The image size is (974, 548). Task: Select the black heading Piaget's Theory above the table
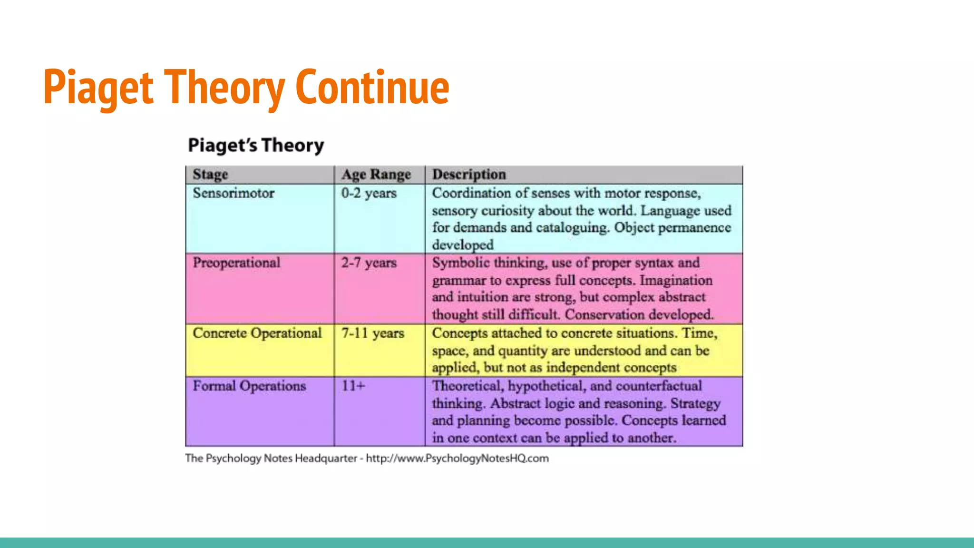(x=256, y=145)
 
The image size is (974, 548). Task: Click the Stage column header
(x=210, y=175)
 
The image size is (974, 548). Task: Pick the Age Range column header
(x=376, y=175)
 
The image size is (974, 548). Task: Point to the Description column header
(x=469, y=175)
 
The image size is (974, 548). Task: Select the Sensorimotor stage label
(x=234, y=193)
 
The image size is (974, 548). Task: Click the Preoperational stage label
(x=236, y=263)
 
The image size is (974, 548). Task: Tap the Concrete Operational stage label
(x=257, y=333)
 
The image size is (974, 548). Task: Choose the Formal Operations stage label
(x=249, y=386)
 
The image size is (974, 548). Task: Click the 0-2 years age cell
(x=369, y=193)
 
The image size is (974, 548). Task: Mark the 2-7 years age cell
(x=369, y=263)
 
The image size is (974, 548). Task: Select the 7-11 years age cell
(x=372, y=333)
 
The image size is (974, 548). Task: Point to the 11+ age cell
(x=353, y=386)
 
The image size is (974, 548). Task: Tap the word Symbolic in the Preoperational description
(x=460, y=263)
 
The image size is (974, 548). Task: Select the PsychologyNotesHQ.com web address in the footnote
(x=457, y=458)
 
